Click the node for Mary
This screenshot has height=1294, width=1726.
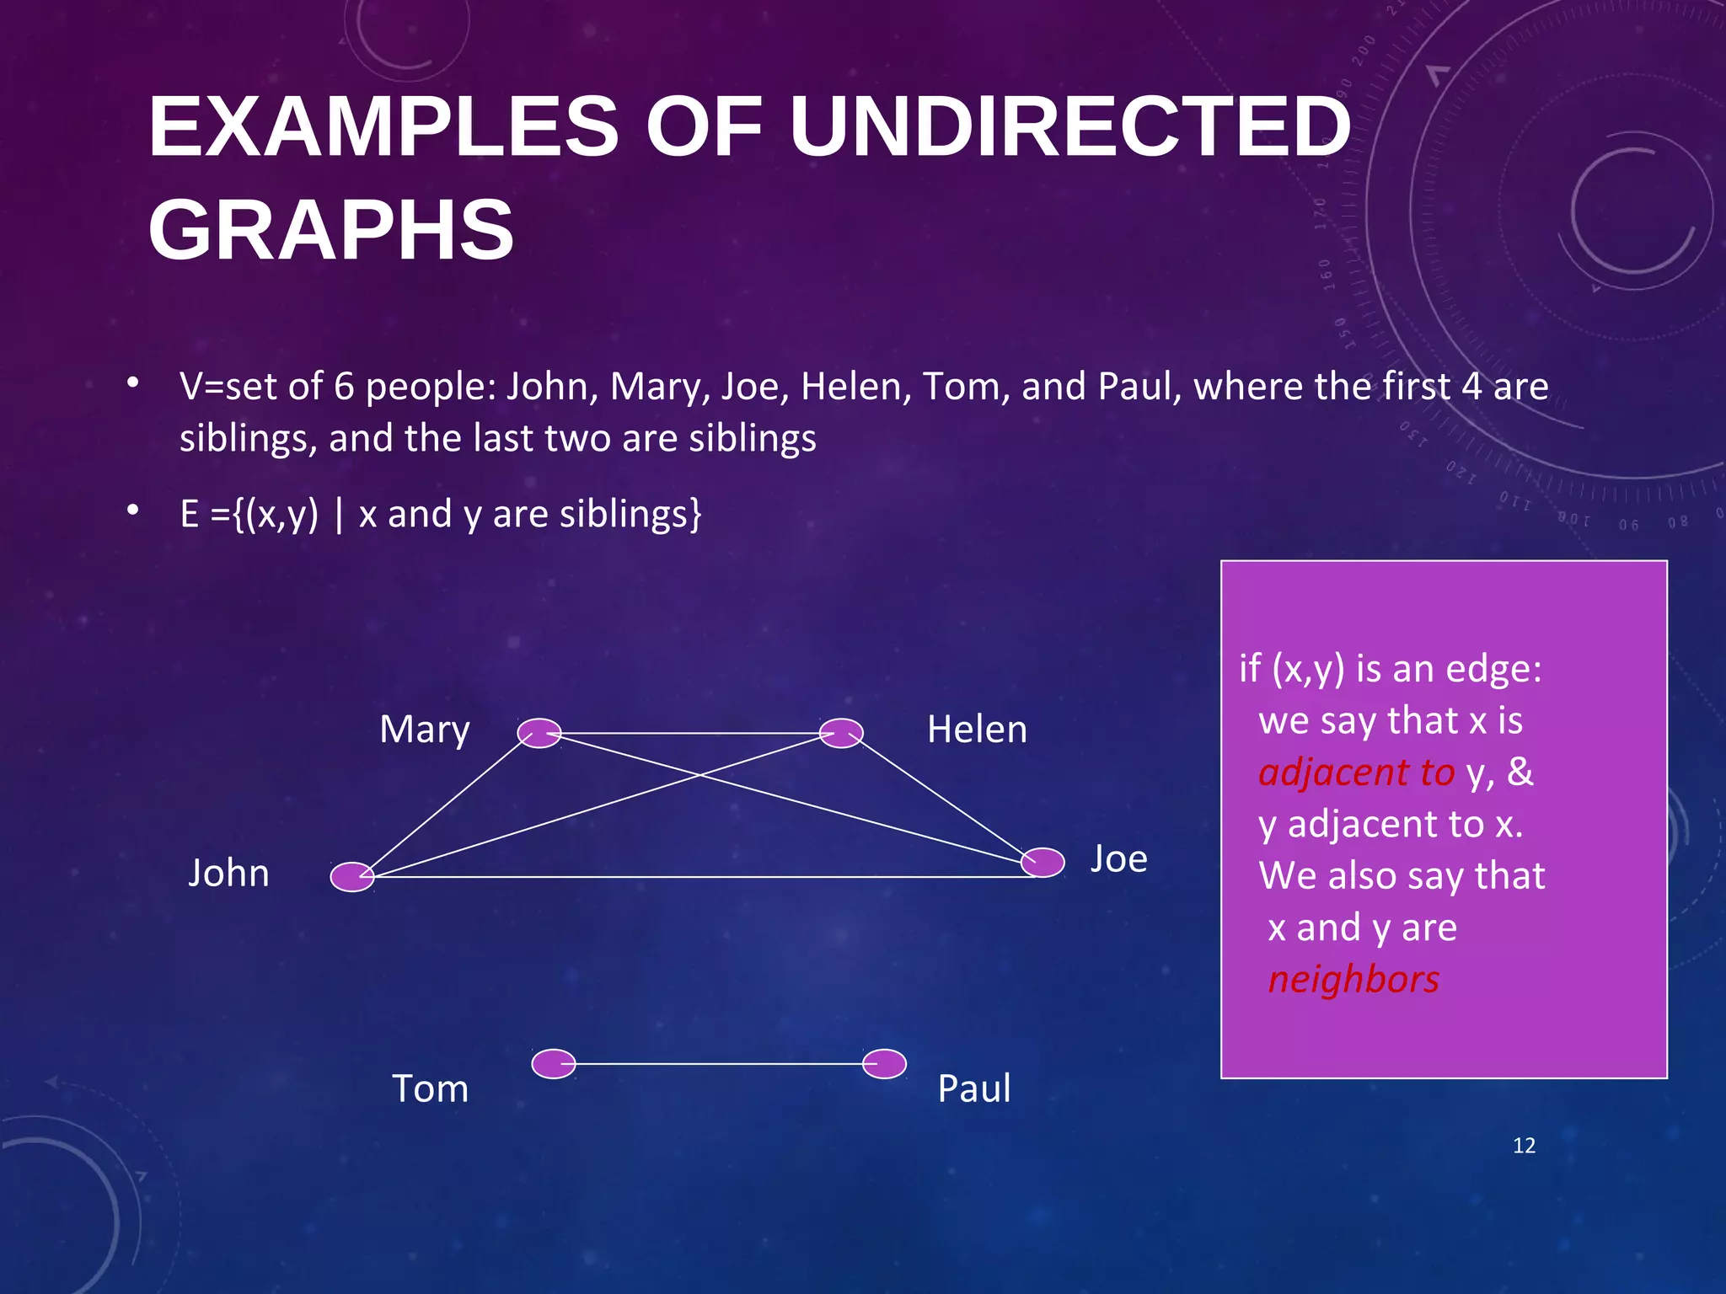539,733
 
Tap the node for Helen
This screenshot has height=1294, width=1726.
841,733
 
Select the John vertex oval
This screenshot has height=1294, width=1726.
352,877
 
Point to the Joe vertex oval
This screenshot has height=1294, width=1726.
1043,862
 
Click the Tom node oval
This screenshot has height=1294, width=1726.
554,1064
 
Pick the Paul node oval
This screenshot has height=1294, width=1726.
884,1064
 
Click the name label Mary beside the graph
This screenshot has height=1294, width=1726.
424,730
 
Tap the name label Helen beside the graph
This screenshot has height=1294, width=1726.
977,730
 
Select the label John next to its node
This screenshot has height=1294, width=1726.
228,874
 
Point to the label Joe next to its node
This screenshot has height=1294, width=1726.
1118,859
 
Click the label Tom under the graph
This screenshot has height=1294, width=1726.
430,1088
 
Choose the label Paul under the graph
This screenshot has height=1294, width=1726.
973,1088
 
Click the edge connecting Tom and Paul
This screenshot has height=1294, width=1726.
719,1064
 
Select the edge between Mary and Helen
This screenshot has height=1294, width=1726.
690,734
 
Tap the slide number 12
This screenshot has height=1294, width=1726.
1524,1146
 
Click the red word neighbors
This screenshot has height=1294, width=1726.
1353,980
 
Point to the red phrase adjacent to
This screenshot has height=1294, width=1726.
1356,773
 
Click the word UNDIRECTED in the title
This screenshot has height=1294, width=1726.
1070,127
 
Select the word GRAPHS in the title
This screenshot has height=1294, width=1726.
331,230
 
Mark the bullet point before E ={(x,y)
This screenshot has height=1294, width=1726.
132,510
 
